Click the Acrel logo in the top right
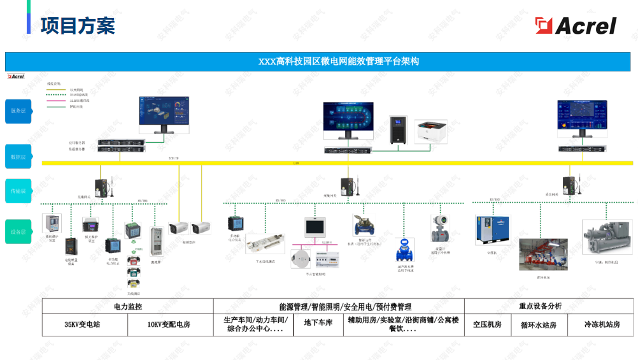pyautogui.click(x=576, y=25)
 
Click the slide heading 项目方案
pyautogui.click(x=78, y=25)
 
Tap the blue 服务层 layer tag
pyautogui.click(x=18, y=111)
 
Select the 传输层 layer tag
pyautogui.click(x=18, y=191)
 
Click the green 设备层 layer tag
pyautogui.click(x=18, y=232)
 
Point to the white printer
pyautogui.click(x=431, y=132)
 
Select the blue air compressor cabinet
pyautogui.click(x=492, y=230)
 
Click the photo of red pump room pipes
pyautogui.click(x=543, y=255)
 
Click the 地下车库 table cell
pyautogui.click(x=318, y=323)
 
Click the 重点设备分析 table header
pyautogui.click(x=541, y=306)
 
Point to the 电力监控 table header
pyautogui.click(x=127, y=306)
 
